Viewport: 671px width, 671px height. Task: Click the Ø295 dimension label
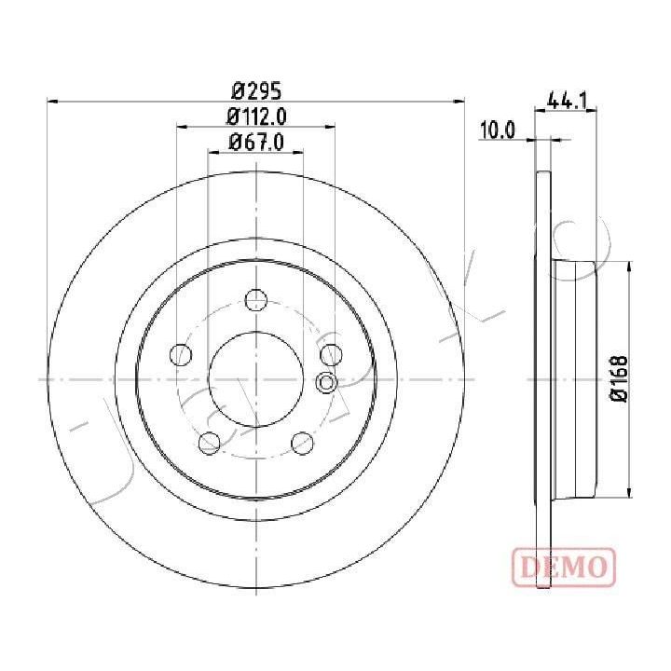(256, 90)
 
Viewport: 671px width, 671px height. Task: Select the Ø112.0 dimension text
(256, 116)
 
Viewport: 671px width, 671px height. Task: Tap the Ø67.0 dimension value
(256, 142)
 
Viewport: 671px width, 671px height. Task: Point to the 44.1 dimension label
(567, 101)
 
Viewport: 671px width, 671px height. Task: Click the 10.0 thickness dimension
(498, 130)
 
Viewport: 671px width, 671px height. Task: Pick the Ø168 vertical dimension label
(620, 378)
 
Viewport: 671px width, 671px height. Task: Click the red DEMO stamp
(564, 567)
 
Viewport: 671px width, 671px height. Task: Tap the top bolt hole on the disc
(256, 299)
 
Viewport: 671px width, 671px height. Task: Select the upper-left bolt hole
(181, 354)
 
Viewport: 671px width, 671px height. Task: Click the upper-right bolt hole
(331, 354)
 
